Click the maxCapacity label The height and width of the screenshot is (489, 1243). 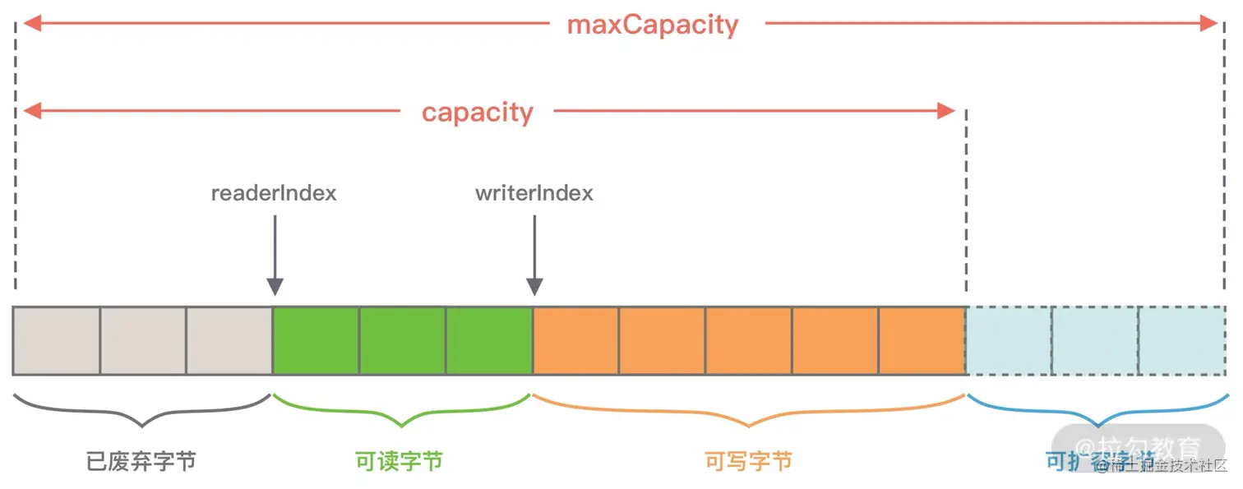tap(653, 25)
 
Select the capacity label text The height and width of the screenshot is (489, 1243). tap(478, 112)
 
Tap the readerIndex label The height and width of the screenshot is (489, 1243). tap(274, 194)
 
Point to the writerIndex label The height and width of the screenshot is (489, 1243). tap(534, 194)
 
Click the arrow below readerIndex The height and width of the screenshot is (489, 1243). tap(275, 255)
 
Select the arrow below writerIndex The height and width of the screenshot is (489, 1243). tap(534, 255)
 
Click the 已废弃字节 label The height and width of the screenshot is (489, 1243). tap(141, 461)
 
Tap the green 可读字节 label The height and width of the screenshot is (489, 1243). tap(400, 461)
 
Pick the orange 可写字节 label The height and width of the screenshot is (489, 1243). tap(748, 461)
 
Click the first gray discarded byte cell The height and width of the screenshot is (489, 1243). tap(56, 341)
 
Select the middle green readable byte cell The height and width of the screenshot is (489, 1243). tap(402, 341)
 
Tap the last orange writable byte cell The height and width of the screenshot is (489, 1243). tap(922, 341)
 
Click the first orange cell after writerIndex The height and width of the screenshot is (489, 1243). tap(575, 341)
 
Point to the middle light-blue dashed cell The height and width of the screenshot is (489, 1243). tap(1094, 341)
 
